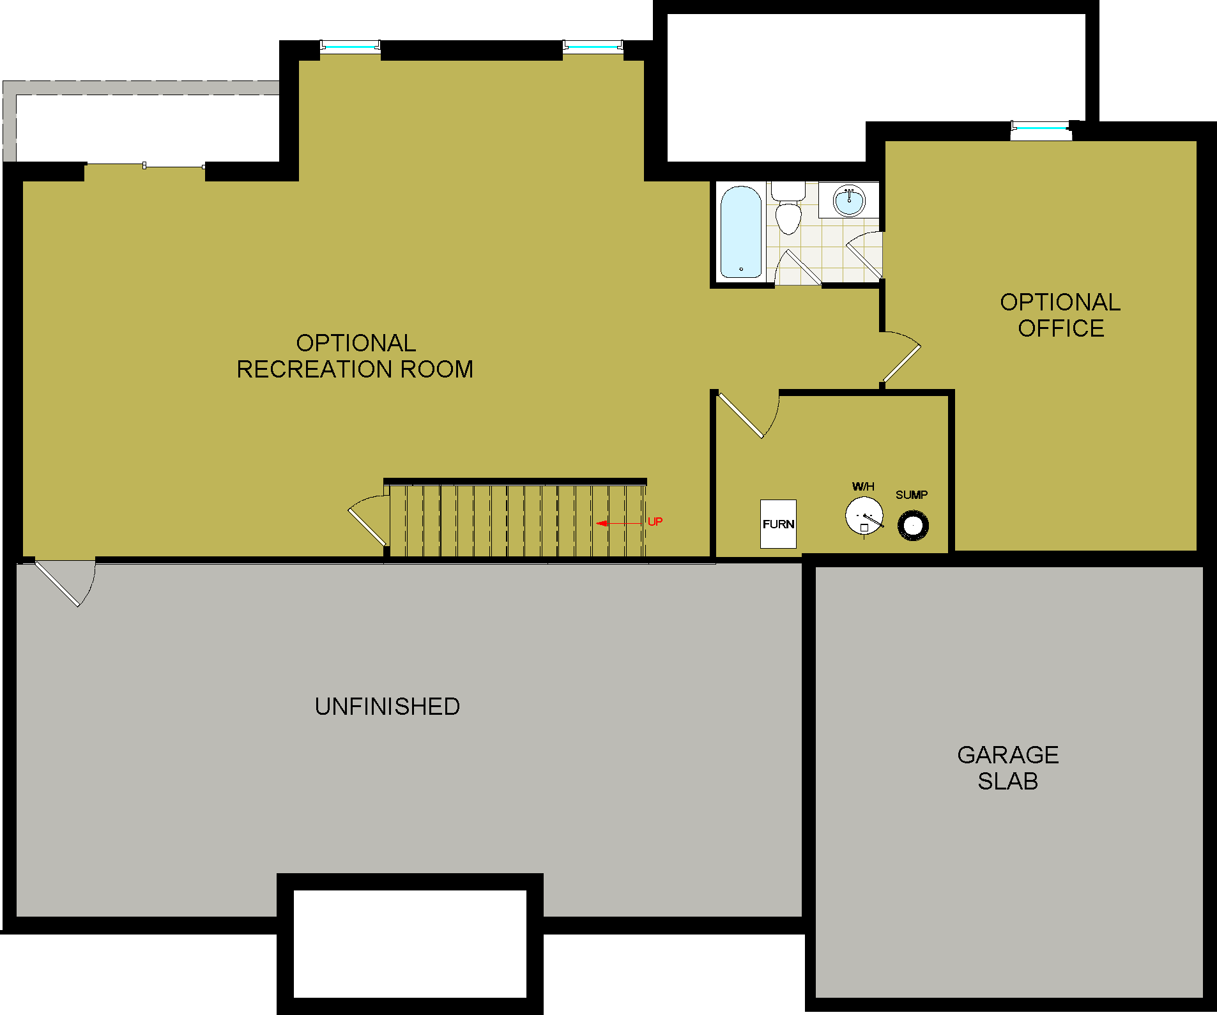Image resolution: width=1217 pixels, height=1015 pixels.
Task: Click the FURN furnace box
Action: (x=778, y=524)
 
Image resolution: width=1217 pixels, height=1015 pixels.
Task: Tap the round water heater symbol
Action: (x=864, y=515)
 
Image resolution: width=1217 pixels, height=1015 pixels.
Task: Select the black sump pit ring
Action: (x=913, y=526)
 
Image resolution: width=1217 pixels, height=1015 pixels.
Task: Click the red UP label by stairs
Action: (x=655, y=522)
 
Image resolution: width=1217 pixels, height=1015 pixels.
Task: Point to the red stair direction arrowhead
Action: (x=601, y=524)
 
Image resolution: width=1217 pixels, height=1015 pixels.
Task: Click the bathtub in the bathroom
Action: (x=741, y=233)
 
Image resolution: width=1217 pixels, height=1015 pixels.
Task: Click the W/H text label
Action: (x=863, y=487)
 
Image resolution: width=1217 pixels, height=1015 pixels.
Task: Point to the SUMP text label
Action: (x=912, y=495)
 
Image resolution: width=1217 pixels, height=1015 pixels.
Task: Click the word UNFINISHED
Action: (x=387, y=706)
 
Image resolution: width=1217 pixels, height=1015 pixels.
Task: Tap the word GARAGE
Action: (x=1008, y=755)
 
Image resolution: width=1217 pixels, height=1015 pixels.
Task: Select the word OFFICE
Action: (x=1061, y=328)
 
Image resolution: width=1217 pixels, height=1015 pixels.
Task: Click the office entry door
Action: (x=901, y=363)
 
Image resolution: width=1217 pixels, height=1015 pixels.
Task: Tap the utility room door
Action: (x=741, y=415)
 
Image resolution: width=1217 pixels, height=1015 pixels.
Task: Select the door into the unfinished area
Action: (x=57, y=583)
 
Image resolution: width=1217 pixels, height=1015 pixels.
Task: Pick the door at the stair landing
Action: (x=367, y=525)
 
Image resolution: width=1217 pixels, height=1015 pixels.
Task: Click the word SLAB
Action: (x=1008, y=781)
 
